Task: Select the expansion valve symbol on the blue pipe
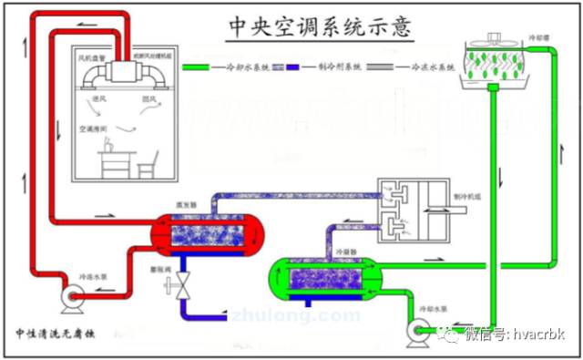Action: tap(184, 284)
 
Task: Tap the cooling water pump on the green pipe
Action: tap(421, 330)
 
